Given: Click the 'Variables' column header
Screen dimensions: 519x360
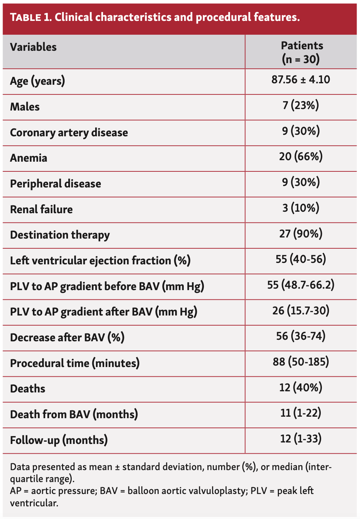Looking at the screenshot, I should [x=33, y=47].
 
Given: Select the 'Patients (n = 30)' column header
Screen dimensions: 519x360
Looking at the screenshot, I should [x=301, y=52].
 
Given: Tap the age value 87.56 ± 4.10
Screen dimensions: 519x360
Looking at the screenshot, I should [x=301, y=80].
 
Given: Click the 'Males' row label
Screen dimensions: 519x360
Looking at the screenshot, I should [x=25, y=107].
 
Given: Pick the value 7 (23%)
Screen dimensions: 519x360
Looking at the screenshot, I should [x=301, y=106].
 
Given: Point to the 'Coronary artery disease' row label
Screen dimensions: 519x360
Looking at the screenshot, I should [x=69, y=133].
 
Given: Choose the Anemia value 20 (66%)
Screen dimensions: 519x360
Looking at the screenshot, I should [x=301, y=156].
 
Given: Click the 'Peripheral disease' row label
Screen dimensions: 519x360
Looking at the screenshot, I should [x=55, y=184].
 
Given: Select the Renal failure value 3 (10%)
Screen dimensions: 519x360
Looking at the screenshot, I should [x=301, y=208].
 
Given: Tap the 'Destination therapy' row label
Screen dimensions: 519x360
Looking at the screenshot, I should [x=60, y=235].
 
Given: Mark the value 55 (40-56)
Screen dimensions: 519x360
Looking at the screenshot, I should [x=301, y=259].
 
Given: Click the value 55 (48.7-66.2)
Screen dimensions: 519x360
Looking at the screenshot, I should [x=301, y=285].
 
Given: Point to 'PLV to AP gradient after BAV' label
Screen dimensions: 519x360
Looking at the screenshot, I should [x=103, y=312].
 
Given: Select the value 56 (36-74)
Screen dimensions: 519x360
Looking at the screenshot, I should [x=301, y=336].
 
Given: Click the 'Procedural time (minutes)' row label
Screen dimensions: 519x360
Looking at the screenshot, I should [x=75, y=363].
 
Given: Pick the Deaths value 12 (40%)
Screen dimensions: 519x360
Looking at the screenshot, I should [x=301, y=388].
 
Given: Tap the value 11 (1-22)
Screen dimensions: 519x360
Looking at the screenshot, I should [x=301, y=413].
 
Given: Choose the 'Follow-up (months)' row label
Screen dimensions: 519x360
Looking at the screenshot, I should [x=59, y=440].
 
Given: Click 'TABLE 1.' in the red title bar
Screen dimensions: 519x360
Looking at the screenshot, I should [x=31, y=17].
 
